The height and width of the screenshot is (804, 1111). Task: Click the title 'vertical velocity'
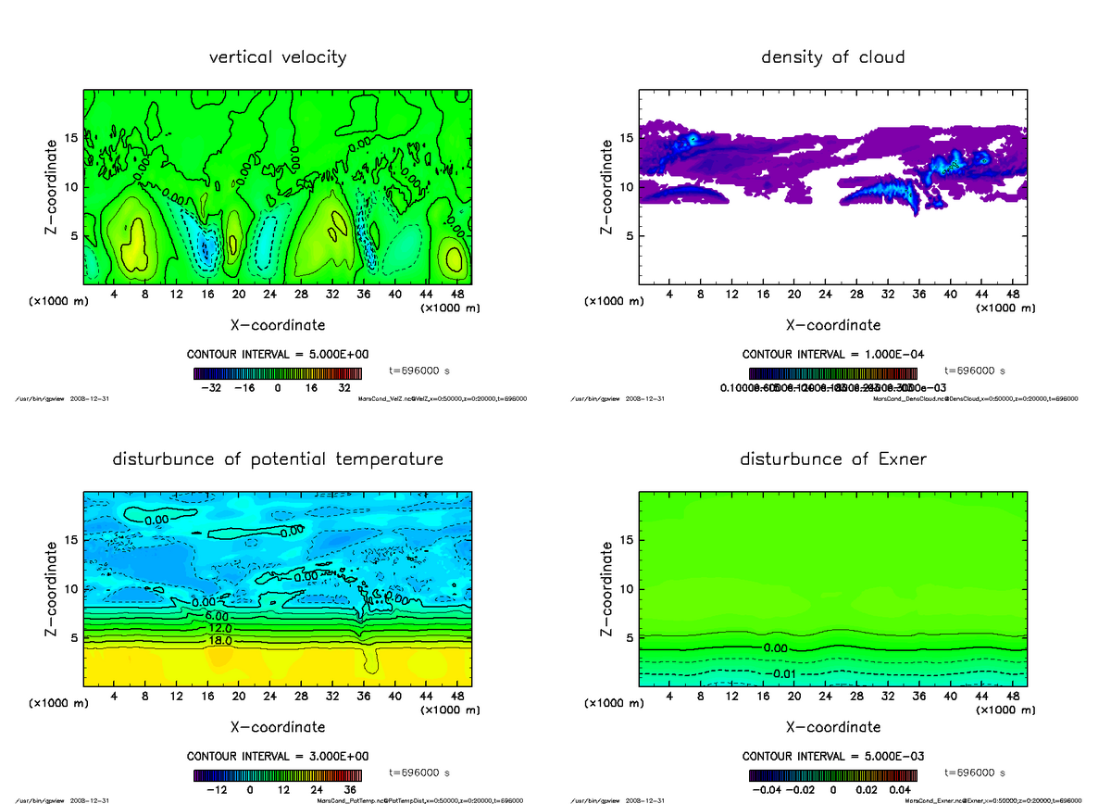coord(278,57)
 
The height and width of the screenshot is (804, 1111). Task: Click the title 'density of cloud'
coord(832,57)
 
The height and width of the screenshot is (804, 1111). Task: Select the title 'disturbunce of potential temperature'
coord(278,459)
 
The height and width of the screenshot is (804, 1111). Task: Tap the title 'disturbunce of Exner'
coord(832,459)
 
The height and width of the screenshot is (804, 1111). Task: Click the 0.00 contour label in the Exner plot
coord(776,647)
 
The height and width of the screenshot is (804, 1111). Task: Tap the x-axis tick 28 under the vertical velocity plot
coord(302,294)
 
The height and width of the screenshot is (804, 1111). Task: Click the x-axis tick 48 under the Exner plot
coord(1013,696)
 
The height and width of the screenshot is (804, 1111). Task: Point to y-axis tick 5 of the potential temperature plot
coord(73,637)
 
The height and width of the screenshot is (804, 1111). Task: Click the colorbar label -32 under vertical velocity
coord(217,388)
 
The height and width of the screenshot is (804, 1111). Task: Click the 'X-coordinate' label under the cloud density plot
coord(832,325)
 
